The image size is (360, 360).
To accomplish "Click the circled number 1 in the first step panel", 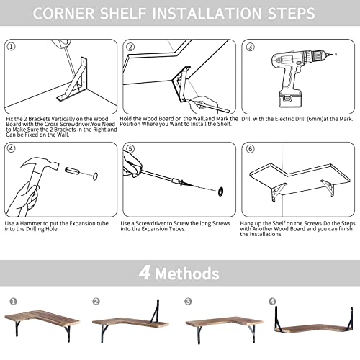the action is (12, 46).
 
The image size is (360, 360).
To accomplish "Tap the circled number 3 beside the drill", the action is (250, 47).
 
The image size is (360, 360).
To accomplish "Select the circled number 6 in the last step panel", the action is (250, 149).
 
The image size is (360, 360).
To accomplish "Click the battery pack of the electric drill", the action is (290, 99).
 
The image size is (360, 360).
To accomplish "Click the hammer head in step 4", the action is (41, 163).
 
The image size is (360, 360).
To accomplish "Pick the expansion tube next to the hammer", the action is (72, 171).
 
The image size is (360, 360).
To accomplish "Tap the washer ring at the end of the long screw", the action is (221, 192).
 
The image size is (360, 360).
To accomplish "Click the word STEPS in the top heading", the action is (291, 13).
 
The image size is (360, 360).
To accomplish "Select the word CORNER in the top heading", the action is (64, 13).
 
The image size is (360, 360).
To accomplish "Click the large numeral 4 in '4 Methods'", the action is (145, 273).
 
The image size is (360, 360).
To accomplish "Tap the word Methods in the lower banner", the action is (187, 274).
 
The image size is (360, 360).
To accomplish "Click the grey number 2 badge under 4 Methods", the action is (96, 301).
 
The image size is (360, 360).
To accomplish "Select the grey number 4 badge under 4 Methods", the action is (272, 301).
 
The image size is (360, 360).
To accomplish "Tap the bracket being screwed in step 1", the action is (73, 79).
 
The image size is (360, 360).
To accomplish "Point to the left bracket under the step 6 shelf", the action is (278, 192).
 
